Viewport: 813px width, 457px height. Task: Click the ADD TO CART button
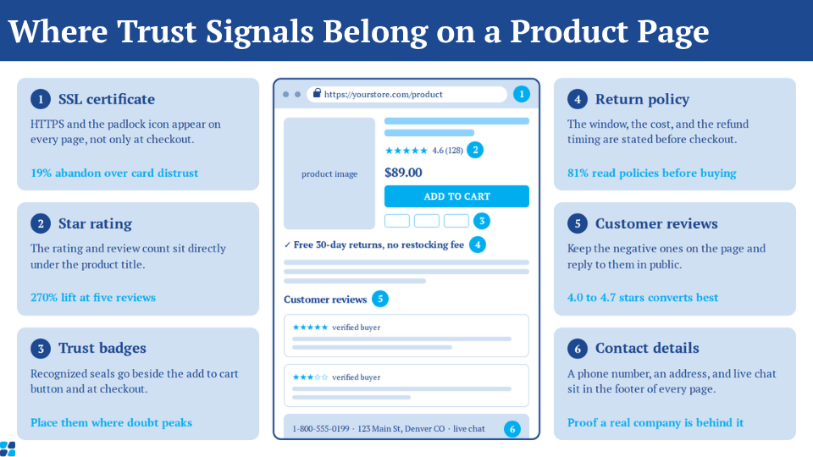click(456, 196)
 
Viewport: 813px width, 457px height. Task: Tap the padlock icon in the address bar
click(317, 93)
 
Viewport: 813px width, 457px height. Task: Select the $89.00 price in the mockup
click(403, 173)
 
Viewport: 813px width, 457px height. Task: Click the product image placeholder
click(329, 173)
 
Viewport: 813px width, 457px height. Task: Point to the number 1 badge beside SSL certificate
click(41, 99)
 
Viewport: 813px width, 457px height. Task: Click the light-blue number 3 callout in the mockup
click(482, 221)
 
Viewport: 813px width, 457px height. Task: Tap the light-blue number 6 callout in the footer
click(512, 429)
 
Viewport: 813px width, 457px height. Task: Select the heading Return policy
click(642, 99)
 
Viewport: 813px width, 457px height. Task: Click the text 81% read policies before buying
click(652, 173)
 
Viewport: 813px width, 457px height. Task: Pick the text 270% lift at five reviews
click(93, 297)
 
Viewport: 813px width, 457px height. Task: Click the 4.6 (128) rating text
click(447, 151)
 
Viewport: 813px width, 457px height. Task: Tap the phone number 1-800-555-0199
click(321, 429)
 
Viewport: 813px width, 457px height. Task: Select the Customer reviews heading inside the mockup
click(325, 300)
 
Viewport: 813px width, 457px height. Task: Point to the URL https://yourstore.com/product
click(383, 94)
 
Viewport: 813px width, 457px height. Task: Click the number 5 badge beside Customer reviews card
click(578, 223)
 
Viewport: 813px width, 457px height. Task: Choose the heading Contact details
click(647, 348)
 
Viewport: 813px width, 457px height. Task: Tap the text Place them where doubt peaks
click(111, 423)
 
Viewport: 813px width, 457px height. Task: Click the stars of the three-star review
click(310, 377)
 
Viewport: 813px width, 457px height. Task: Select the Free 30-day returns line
click(373, 245)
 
